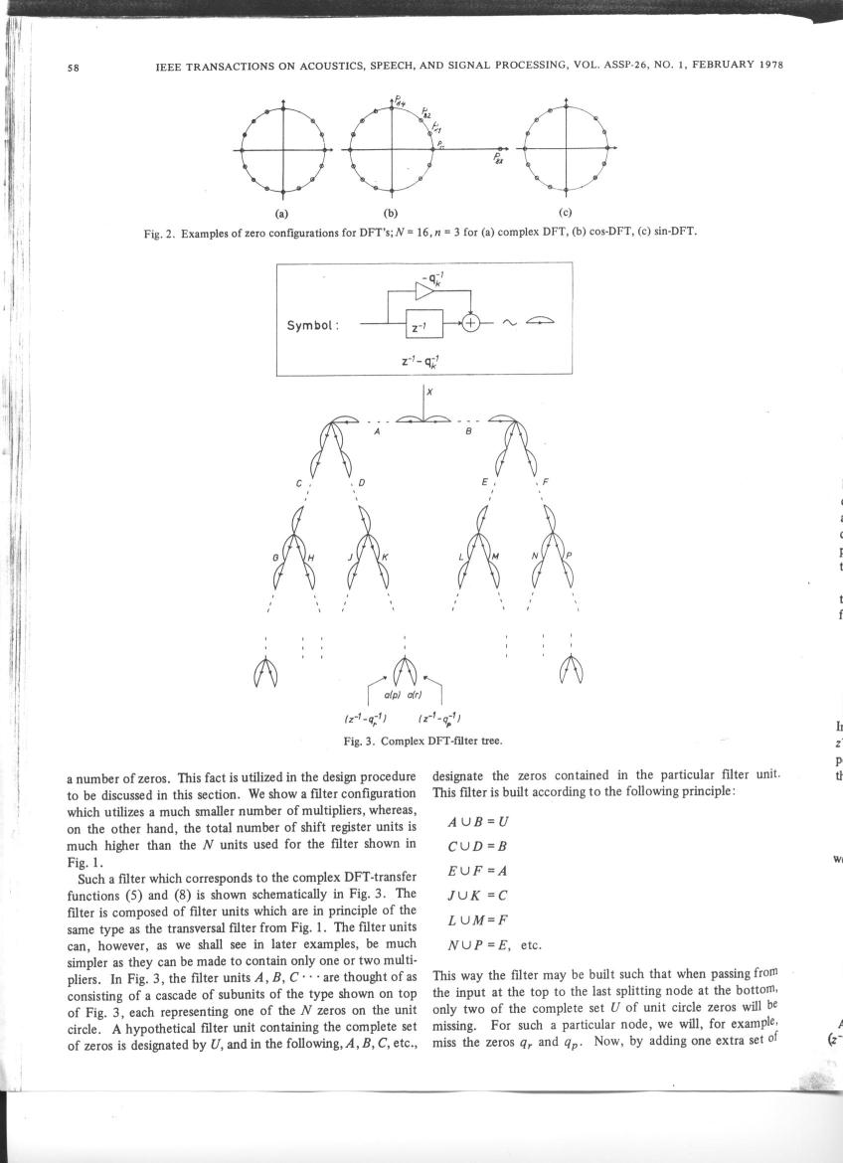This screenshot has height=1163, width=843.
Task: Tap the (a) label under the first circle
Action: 282,212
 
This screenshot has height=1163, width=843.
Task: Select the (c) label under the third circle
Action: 565,212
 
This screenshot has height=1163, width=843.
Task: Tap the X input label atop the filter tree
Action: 430,392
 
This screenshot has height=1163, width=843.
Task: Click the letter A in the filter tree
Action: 376,432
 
